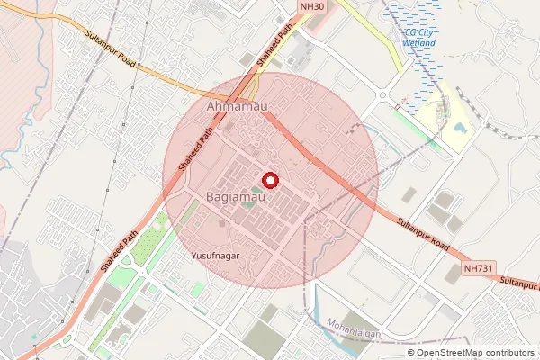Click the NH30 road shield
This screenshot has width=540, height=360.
coord(311,6)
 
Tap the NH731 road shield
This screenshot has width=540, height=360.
coord(478,268)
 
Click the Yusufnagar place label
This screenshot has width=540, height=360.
coord(214,256)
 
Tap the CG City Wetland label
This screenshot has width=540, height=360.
coord(419,38)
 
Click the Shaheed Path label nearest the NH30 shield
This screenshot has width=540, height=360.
coord(275,44)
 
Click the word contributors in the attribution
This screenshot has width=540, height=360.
coord(512,352)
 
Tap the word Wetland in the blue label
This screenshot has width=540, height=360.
coord(419,43)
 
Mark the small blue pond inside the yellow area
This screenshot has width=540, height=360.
coord(461,127)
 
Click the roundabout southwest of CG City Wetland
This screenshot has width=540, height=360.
coord(382,94)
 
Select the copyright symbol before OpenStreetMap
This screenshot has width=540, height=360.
coord(411,352)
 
